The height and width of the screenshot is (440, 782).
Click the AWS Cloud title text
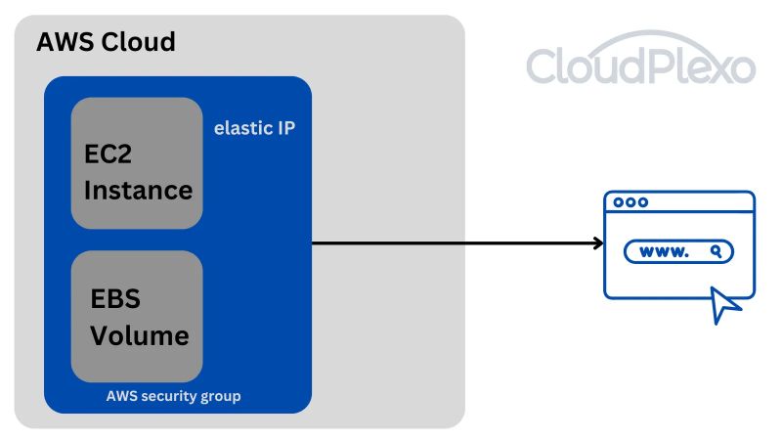106,43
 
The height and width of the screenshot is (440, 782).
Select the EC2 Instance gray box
137,162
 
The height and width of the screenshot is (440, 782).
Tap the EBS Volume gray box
137,316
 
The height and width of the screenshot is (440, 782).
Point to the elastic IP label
254,128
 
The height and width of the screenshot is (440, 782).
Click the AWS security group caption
173,396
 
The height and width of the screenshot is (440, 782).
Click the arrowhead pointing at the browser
597,242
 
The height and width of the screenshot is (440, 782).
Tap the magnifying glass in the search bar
717,251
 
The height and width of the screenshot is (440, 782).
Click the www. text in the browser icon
664,252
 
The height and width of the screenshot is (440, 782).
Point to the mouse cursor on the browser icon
726,305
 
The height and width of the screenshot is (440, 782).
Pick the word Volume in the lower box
139,335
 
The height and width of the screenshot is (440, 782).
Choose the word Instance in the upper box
138,189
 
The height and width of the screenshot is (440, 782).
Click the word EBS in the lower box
115,298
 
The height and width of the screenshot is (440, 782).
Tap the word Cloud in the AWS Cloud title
139,43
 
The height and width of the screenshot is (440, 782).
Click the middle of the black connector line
455,242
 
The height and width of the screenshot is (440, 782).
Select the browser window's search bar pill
678,252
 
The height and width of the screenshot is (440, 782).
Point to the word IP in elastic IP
285,128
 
